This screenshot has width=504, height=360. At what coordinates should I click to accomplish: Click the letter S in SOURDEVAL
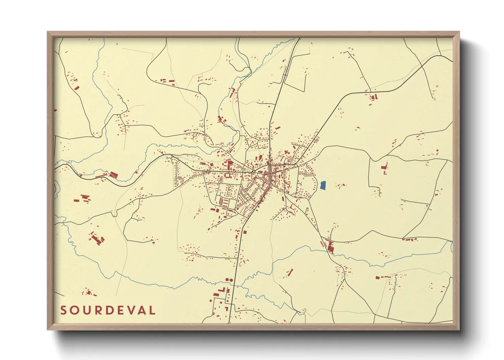click(x=63, y=310)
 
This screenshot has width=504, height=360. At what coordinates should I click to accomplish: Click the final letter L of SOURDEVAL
click(x=152, y=310)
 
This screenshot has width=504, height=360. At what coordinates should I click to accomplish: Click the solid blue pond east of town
click(x=323, y=185)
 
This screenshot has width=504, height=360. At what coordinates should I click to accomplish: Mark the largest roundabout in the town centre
click(x=254, y=171)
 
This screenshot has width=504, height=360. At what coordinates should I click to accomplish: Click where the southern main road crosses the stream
click(x=235, y=285)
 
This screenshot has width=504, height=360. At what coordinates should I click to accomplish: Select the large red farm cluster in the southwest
click(x=97, y=239)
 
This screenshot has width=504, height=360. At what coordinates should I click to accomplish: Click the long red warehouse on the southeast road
click(x=330, y=246)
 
